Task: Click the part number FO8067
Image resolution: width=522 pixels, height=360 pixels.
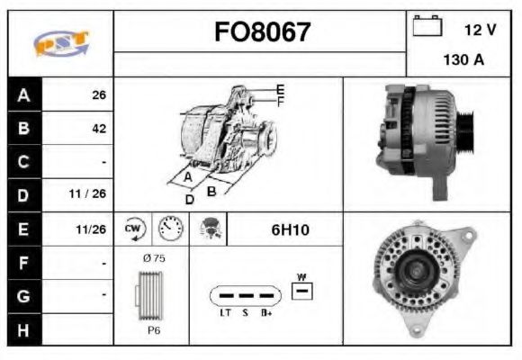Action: (x=262, y=32)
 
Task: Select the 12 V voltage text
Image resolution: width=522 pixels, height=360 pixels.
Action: (x=480, y=30)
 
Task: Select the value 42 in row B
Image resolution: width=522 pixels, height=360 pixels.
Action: (x=98, y=128)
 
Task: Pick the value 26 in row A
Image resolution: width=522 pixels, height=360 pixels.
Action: (x=98, y=94)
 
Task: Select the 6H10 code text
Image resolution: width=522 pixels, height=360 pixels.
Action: (x=290, y=230)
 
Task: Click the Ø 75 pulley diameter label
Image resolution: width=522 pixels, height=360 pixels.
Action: (x=153, y=258)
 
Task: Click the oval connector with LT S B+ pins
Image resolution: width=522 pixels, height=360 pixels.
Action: (x=244, y=295)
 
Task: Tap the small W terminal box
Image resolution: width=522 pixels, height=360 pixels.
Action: (x=303, y=290)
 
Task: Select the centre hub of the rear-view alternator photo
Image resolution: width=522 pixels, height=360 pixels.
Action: (x=420, y=268)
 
